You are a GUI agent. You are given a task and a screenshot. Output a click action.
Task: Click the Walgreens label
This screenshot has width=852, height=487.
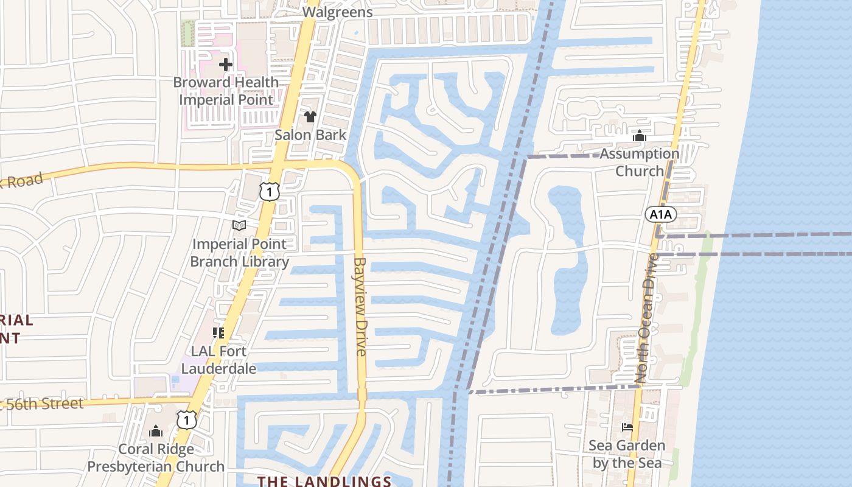pos(337,12)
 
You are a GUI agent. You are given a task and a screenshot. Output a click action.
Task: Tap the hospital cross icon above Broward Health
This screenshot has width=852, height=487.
pos(226,64)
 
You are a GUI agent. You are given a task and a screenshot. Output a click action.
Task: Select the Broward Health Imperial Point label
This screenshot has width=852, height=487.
pos(226,91)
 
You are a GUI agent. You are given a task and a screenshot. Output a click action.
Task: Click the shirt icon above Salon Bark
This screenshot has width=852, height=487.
pos(310,116)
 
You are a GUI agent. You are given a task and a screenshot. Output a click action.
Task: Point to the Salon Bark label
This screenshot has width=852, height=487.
pos(310,135)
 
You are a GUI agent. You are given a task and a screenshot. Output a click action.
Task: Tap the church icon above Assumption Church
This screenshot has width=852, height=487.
pos(639,136)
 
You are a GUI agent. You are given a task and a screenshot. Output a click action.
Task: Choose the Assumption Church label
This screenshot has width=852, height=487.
pos(639,162)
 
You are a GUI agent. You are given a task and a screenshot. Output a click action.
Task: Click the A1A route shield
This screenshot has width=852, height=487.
pos(661,214)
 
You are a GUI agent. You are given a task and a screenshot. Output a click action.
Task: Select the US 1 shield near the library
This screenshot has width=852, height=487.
pos(269,192)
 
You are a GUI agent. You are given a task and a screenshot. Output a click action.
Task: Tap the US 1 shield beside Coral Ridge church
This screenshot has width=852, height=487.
pos(187,419)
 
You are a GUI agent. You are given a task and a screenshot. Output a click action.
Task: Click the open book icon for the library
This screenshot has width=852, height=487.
pos(239,226)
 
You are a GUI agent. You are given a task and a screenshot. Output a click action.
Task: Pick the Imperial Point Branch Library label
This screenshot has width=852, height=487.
pos(239,253)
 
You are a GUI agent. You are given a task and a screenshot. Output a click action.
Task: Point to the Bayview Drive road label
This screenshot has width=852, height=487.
pos(360,306)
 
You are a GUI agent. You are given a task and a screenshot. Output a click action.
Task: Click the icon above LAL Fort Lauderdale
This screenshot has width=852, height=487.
pos(218,332)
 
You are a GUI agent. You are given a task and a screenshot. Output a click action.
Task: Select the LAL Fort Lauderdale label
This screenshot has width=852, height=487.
pos(218,360)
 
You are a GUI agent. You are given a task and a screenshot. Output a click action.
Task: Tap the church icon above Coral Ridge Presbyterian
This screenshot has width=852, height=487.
pos(156,431)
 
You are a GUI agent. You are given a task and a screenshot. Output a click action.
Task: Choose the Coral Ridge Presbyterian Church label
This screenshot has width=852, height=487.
pos(156,458)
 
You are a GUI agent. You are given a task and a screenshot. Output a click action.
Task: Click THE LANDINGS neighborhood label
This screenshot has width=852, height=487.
pos(324,481)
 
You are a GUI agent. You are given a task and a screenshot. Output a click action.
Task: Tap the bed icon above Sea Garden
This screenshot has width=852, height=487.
pos(627,427)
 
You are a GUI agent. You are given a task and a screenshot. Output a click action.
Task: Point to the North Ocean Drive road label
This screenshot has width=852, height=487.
pos(646,318)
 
